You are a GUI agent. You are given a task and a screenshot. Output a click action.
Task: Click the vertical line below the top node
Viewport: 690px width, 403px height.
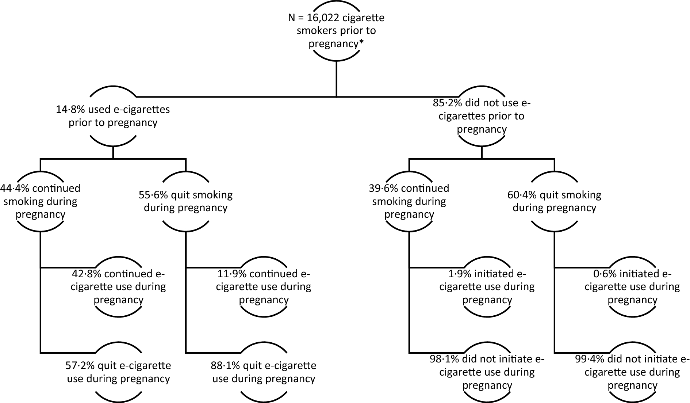336,79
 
